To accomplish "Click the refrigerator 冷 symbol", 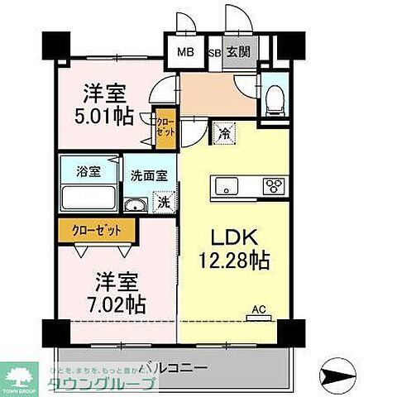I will (x=225, y=130).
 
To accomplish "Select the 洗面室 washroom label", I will (x=148, y=175).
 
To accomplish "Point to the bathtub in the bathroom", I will (x=88, y=199).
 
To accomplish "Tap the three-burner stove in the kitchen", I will (x=274, y=185).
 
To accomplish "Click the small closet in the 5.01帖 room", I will (x=165, y=130).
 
